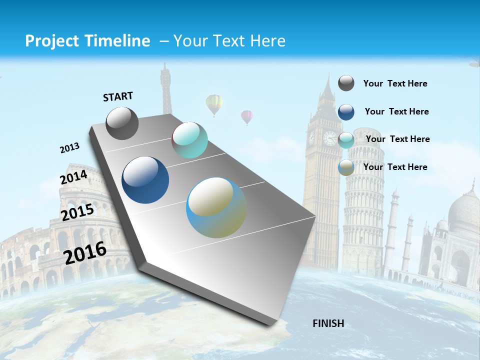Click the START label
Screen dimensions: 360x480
pos(118,96)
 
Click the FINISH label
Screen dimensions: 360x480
pos(328,323)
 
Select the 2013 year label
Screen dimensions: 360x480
pos(69,148)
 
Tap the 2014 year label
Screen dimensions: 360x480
pos(73,177)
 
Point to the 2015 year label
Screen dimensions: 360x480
pos(77,212)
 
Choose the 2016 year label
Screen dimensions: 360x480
pos(85,253)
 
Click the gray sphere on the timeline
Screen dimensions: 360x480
pos(122,123)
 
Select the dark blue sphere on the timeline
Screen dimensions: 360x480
pos(145,180)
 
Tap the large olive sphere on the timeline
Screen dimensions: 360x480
pos(216,207)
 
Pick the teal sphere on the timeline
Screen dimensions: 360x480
pos(189,140)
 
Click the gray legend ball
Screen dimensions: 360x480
pos(346,83)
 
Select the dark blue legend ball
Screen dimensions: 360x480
pos(346,111)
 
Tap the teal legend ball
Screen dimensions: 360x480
pos(346,140)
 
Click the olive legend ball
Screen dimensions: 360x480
pos(346,167)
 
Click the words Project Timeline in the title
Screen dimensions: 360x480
pos(87,41)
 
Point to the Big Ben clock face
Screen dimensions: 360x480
pos(329,138)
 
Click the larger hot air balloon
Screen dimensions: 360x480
pos(214,104)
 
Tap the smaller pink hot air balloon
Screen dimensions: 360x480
pos(247,117)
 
